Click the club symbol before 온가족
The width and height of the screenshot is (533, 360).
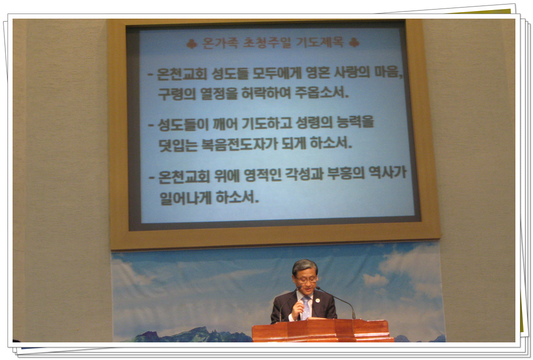point(192,44)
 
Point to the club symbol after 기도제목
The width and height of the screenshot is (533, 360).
point(354,43)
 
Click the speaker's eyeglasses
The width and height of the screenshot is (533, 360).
point(306,280)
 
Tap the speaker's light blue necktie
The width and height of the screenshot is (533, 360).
point(306,308)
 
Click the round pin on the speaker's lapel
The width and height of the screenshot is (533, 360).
point(317,301)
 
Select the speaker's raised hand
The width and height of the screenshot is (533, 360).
point(297,309)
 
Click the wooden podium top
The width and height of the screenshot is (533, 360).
point(320,322)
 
